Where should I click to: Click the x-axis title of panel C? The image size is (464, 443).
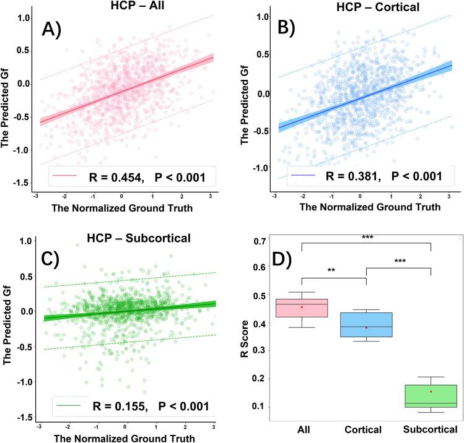(126, 437)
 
